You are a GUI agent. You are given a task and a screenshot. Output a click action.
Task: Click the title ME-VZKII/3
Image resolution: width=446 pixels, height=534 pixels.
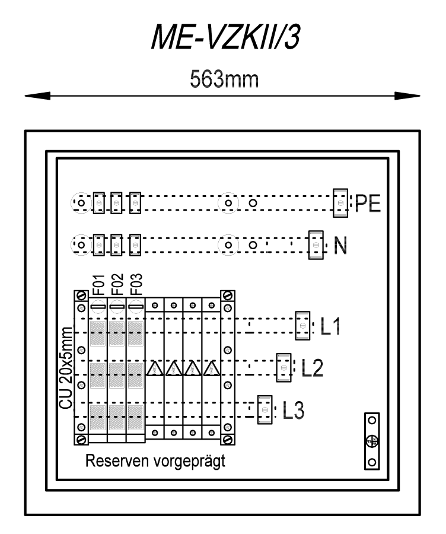[x=225, y=37]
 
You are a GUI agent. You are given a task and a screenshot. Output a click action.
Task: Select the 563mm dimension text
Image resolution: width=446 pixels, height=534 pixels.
[x=224, y=80]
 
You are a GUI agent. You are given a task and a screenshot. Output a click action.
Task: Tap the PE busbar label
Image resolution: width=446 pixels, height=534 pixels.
[x=368, y=204]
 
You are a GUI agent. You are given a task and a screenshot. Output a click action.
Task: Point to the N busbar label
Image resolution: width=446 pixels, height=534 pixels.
[x=340, y=245]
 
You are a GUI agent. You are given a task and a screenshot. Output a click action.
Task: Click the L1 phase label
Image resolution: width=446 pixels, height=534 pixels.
[x=330, y=326]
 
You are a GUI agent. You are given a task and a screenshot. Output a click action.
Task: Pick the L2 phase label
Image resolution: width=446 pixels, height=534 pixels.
[x=312, y=368]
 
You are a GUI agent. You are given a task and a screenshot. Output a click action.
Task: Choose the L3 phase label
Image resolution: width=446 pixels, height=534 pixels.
[x=294, y=409]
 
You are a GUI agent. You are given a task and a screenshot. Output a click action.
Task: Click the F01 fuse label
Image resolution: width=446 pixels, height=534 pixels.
[x=98, y=285]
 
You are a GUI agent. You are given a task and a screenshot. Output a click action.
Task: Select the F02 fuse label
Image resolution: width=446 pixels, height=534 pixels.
[x=117, y=285]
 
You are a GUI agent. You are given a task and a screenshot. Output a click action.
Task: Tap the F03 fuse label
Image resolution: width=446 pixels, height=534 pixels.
[x=136, y=285]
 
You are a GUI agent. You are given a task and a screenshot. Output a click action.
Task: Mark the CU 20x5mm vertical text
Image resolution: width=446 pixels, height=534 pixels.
[x=66, y=368]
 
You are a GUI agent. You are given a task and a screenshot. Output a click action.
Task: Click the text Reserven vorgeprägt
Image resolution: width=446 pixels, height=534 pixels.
[x=155, y=461]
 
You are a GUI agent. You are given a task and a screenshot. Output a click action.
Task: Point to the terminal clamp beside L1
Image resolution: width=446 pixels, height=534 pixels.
[x=302, y=326]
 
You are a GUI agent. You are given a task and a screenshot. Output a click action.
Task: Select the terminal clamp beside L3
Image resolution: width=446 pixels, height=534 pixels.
[x=265, y=409]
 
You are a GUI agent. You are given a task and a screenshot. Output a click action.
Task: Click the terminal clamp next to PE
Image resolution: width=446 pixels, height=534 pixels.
[x=340, y=203]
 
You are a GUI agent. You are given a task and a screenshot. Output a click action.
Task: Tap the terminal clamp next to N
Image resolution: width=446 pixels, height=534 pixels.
[x=316, y=245]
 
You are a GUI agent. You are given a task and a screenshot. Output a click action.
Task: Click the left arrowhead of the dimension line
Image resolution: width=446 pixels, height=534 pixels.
[x=37, y=96]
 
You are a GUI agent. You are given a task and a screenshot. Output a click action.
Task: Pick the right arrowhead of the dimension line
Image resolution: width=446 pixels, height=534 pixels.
[x=407, y=96]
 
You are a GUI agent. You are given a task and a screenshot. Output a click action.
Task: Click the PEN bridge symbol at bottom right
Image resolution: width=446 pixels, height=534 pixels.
[x=372, y=441]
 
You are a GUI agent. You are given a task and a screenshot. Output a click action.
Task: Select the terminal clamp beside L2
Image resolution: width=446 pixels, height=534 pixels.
[x=283, y=368]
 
